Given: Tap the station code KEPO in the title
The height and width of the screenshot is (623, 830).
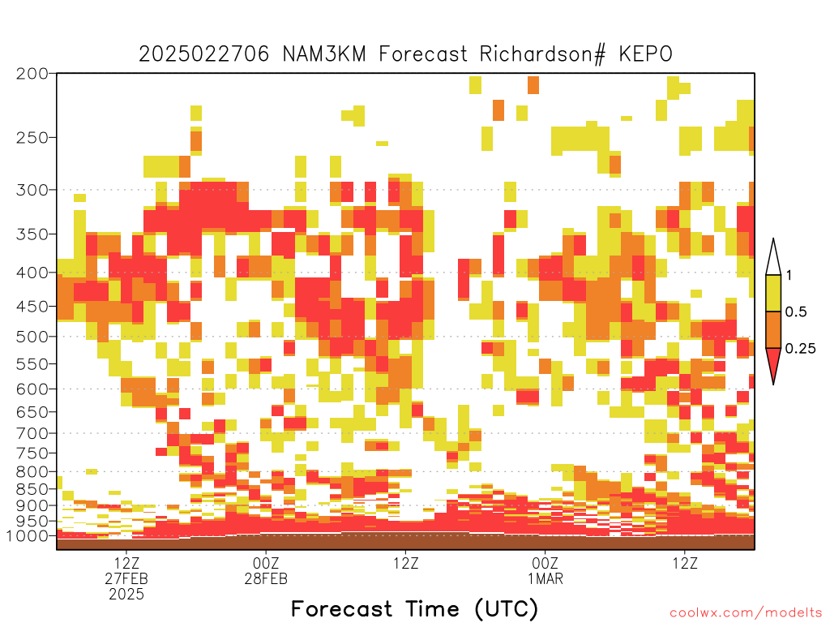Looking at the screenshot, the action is tap(646, 54).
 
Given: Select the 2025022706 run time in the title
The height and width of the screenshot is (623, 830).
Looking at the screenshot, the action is tap(203, 54).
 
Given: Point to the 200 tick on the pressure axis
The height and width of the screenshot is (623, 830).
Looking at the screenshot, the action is tap(32, 74).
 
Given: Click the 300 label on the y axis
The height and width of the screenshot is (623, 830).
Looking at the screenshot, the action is tap(32, 190).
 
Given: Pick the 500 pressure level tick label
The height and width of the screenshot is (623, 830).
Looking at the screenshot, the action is tap(32, 337).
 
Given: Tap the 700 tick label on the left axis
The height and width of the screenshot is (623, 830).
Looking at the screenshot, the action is tap(32, 433).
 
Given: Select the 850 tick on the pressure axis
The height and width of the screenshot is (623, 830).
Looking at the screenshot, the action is tap(32, 488).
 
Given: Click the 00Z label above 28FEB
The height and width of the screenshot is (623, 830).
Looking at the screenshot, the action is tap(266, 563).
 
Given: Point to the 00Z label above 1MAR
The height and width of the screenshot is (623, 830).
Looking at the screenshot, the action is tap(545, 563).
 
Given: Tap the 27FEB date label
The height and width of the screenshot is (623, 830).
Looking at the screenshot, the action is tap(126, 578).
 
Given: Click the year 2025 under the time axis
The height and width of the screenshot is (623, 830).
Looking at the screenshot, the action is tap(126, 595).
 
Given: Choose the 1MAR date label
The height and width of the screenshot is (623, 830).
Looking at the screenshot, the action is tap(545, 578).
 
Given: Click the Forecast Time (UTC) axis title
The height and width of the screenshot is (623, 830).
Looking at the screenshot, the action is tap(414, 609).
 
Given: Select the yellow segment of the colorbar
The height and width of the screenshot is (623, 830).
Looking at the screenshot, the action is tap(773, 293).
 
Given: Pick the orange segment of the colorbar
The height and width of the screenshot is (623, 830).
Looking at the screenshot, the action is tap(773, 329).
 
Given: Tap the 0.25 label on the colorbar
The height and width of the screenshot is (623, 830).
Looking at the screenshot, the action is tap(800, 348).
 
